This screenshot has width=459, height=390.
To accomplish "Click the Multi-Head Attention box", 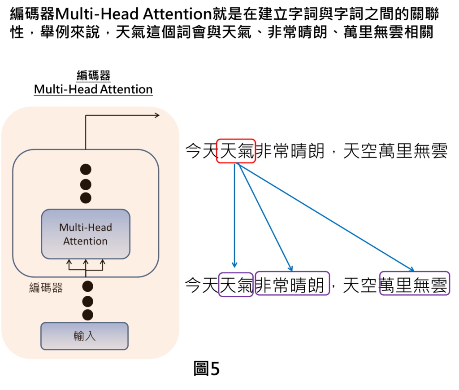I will (86, 234).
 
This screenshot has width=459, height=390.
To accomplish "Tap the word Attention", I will (86, 241).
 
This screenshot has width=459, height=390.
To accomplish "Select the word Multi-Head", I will (86, 228).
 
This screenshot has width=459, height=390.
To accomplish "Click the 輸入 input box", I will (85, 336).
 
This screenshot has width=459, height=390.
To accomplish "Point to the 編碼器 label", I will (46, 288).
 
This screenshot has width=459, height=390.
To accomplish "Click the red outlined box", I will (236, 151).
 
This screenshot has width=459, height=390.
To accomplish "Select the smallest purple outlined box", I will (236, 285).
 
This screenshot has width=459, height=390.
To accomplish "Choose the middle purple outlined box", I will (292, 283).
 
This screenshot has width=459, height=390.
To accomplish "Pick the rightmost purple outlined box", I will (414, 283).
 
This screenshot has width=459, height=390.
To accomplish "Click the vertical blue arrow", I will (234, 215).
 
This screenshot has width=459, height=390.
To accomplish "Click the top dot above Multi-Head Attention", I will (86, 169).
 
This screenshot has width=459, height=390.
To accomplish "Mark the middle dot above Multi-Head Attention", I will (86, 184).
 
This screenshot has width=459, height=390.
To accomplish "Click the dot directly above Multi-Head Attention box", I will (86, 198).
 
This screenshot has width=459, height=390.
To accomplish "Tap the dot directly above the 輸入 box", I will (88, 315).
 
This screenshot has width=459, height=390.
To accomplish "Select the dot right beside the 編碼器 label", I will (88, 286).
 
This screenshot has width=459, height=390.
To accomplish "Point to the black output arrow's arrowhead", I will (157, 115).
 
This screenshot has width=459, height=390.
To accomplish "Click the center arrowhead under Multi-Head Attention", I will (86, 262).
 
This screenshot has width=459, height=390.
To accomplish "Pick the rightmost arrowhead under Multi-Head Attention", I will (102, 262).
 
